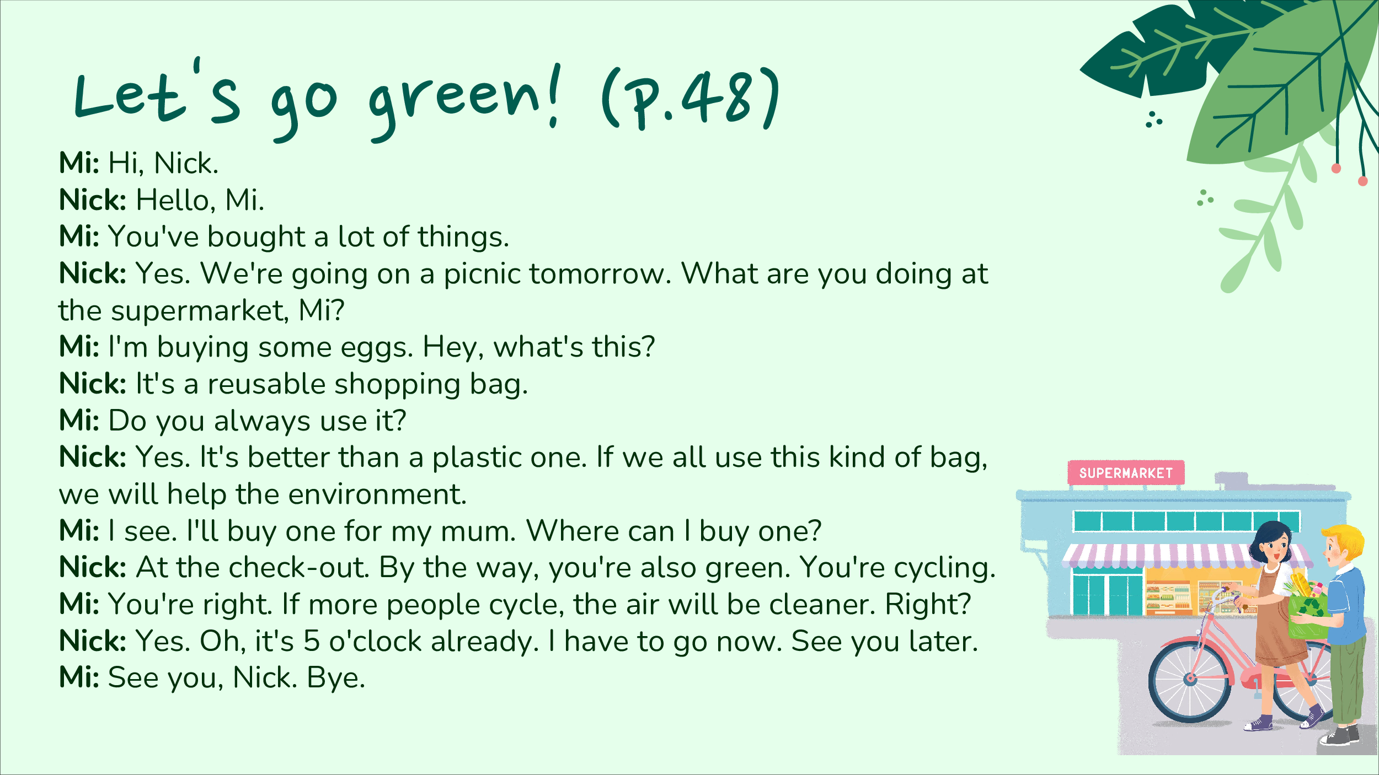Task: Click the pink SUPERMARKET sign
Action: click(1126, 472)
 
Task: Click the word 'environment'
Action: click(377, 494)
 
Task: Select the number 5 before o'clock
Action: click(312, 641)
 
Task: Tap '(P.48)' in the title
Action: click(690, 99)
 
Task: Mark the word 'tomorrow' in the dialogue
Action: click(600, 274)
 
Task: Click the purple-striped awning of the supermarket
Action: click(1186, 556)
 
